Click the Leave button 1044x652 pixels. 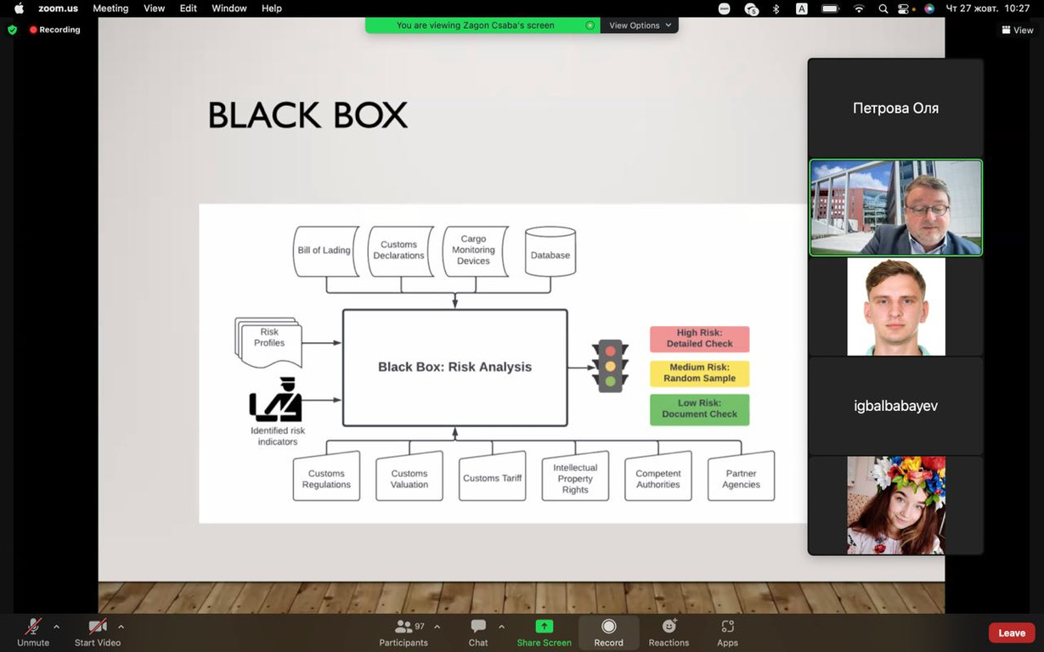click(1012, 633)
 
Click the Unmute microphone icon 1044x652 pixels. click(33, 627)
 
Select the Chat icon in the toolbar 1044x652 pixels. click(478, 626)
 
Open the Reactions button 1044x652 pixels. click(669, 632)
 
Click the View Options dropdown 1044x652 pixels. click(640, 25)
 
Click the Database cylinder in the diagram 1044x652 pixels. click(550, 251)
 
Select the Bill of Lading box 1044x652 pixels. click(326, 251)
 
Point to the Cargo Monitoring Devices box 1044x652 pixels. click(475, 251)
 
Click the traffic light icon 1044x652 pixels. click(610, 366)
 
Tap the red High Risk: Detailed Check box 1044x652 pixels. click(700, 339)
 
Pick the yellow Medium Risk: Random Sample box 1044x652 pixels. click(700, 373)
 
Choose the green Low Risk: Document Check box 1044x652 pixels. click(700, 409)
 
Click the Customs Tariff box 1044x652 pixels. click(492, 476)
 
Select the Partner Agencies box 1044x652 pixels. click(741, 476)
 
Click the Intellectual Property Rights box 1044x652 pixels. click(575, 476)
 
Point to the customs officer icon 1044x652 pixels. click(276, 399)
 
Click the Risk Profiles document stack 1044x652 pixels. click(268, 343)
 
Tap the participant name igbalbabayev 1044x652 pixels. click(895, 406)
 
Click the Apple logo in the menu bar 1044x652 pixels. click(19, 8)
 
